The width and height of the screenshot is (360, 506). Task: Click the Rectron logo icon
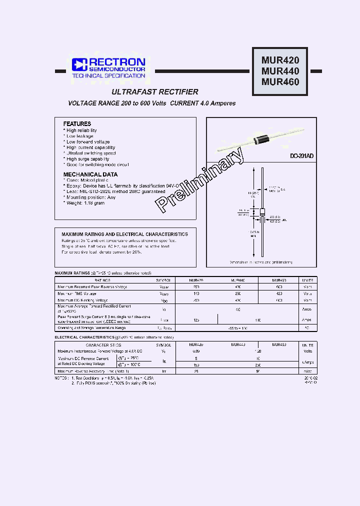pyautogui.click(x=79, y=64)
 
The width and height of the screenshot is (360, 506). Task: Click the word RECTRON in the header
pyautogui.click(x=117, y=62)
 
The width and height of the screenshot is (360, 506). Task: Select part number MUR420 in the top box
pyautogui.click(x=280, y=60)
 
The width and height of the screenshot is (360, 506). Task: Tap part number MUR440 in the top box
pyautogui.click(x=280, y=71)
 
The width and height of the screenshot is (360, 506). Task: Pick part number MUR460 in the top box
pyautogui.click(x=280, y=81)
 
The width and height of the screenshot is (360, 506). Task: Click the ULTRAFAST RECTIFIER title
pyautogui.click(x=155, y=92)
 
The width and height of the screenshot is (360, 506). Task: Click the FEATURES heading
pyautogui.click(x=77, y=123)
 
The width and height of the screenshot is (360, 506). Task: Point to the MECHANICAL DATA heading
pyautogui.click(x=90, y=174)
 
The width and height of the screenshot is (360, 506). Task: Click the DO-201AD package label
pyautogui.click(x=302, y=156)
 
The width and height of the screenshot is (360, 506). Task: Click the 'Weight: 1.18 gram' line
pyautogui.click(x=85, y=203)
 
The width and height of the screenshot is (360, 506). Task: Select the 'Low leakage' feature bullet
pyautogui.click(x=80, y=136)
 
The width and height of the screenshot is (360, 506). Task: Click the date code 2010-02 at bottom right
pyautogui.click(x=310, y=378)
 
